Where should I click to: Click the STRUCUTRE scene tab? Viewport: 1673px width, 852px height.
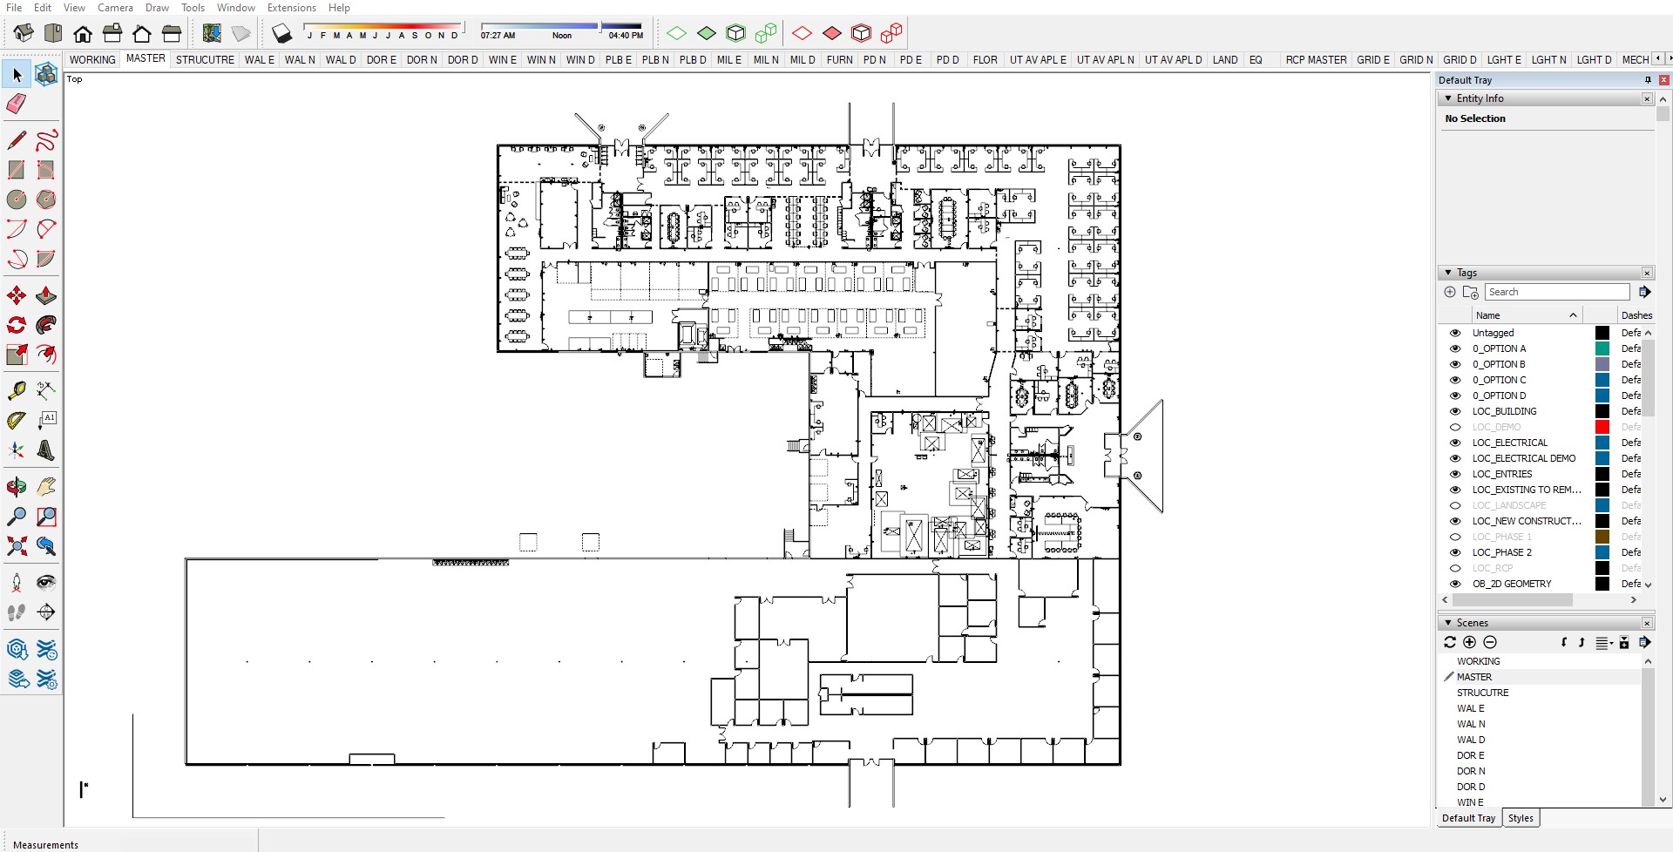205,60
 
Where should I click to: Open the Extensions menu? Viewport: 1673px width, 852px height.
291,8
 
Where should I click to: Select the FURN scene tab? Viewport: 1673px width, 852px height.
839,60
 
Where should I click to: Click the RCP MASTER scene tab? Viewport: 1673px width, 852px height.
1316,60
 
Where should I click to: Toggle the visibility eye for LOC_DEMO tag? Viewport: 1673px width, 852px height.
1454,427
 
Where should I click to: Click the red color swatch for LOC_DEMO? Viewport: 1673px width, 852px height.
1602,427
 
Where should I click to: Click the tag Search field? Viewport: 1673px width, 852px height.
1556,292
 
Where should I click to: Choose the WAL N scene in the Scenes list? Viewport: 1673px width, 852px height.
1471,724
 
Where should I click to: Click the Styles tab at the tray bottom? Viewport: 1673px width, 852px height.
1521,818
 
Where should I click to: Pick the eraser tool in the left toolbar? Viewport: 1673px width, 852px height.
17,105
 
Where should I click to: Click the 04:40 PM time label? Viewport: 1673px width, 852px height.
626,36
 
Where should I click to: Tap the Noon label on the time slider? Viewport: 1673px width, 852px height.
562,36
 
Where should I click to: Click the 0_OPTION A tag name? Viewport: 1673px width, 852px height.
1499,348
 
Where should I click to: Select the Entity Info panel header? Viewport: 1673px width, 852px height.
1480,98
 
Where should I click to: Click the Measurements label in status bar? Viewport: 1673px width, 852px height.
45,844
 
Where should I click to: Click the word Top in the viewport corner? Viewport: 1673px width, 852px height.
75,79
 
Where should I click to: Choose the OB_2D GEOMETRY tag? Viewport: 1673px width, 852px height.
1511,584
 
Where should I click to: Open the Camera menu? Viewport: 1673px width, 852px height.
115,8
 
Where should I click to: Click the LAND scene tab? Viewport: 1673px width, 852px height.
1224,60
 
